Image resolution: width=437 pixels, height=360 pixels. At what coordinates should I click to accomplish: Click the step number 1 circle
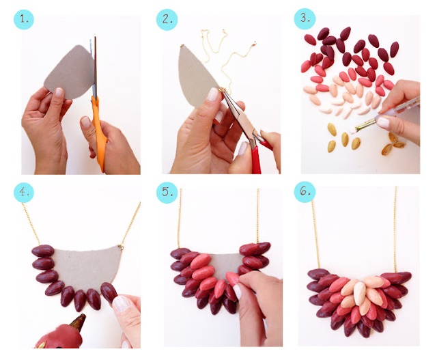(24, 20)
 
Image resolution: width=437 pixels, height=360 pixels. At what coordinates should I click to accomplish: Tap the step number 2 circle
(167, 20)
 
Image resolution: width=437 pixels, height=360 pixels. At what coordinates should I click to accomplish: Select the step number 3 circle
(305, 18)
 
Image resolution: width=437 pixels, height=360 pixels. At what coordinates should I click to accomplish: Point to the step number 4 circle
(24, 192)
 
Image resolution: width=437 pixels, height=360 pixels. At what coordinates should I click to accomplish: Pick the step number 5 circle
(167, 191)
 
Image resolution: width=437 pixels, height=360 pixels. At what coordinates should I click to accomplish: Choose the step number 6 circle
(305, 191)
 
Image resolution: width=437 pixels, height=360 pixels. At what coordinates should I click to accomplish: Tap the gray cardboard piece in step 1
(70, 72)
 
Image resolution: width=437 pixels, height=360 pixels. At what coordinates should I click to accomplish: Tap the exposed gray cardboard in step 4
(87, 268)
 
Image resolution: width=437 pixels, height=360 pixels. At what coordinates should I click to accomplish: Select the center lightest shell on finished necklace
(360, 294)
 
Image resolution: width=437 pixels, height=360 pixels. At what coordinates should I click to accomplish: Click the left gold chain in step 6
(315, 234)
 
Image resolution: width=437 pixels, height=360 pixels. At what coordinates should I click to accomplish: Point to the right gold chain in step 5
(257, 216)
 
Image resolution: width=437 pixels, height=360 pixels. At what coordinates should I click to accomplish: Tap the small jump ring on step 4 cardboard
(121, 247)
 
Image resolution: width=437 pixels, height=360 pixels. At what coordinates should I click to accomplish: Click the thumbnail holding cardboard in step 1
(59, 92)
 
